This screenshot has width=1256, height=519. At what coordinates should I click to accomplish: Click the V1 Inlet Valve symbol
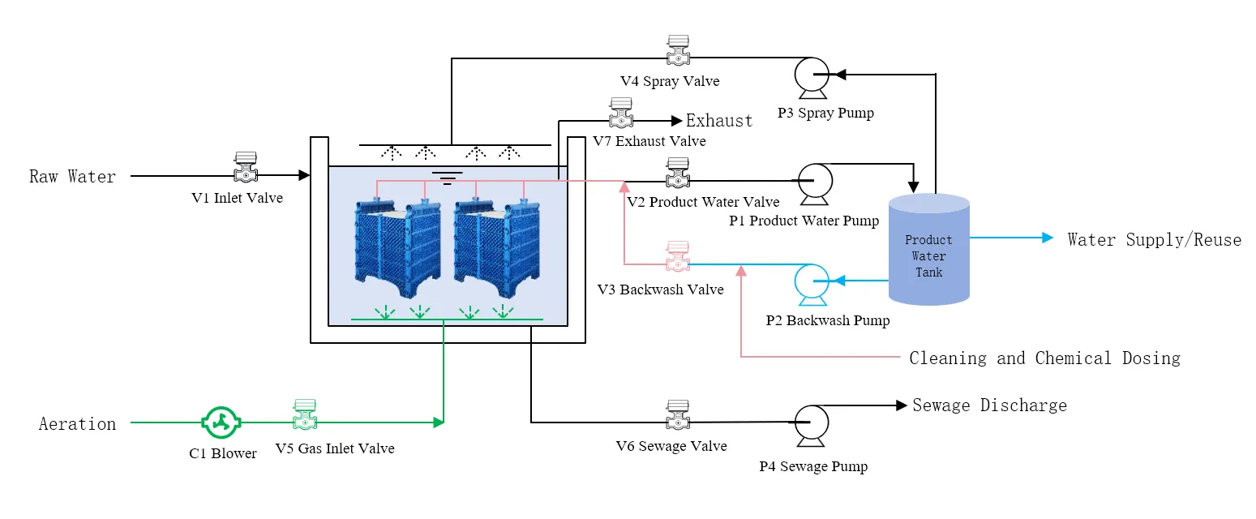[x=245, y=168]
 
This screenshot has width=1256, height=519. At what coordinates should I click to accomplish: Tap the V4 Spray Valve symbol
[x=677, y=51]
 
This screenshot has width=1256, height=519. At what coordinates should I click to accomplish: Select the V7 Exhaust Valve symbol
[x=621, y=114]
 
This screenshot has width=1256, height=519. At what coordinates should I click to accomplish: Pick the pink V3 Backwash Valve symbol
[x=677, y=256]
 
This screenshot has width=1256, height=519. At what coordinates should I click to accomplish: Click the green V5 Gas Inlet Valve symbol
[x=305, y=415]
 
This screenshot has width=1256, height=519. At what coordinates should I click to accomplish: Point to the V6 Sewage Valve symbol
[x=677, y=415]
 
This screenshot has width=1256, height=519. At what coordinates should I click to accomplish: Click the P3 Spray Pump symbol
[x=809, y=75]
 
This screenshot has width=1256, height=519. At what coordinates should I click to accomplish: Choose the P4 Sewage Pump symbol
[x=809, y=422]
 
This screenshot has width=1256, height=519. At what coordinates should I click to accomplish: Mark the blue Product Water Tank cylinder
[x=929, y=249]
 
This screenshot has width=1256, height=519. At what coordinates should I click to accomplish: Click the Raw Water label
[x=73, y=176]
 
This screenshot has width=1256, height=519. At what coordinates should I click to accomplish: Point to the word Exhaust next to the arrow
[x=719, y=121]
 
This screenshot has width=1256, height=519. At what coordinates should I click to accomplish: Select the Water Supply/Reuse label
[x=1154, y=239]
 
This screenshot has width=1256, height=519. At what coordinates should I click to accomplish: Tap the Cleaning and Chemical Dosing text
[x=1044, y=358]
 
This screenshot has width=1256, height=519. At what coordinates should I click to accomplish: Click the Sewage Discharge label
[x=989, y=405]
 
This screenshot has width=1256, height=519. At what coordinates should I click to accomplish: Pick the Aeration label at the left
[x=78, y=423]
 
